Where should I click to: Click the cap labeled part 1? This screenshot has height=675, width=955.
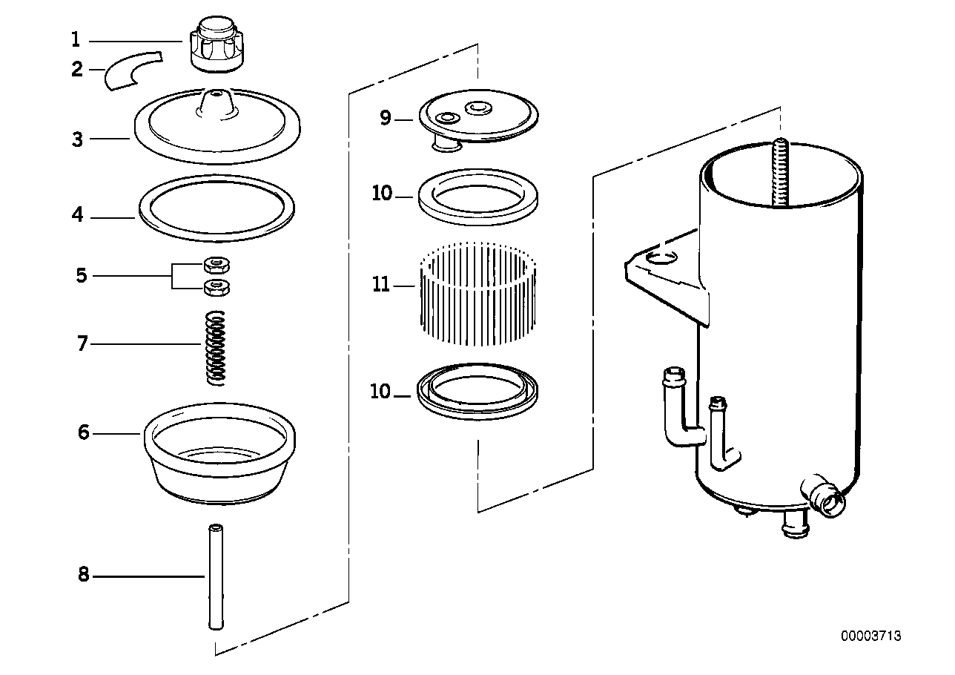point(216,46)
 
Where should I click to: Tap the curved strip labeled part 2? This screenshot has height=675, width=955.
point(131,70)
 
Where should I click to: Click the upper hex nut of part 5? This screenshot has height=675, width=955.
point(217,263)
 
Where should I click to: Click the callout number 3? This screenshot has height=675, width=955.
point(78,139)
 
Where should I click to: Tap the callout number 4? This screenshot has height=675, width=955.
point(78,217)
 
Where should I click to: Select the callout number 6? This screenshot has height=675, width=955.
point(84,432)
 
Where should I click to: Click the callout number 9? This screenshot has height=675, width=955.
point(385,118)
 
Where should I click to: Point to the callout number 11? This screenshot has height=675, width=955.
point(381,284)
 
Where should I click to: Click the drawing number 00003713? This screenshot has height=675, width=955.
point(870,636)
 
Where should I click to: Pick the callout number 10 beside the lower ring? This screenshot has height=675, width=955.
point(380,392)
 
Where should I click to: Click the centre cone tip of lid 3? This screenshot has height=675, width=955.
point(216,95)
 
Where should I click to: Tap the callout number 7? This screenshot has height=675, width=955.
point(82,343)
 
